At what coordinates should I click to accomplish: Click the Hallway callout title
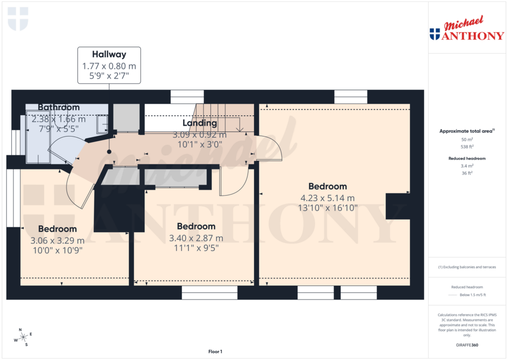click(x=109, y=55)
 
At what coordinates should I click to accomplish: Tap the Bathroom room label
click(x=59, y=107)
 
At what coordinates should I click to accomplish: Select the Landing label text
click(x=199, y=123)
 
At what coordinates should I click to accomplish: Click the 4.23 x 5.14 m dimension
click(x=327, y=198)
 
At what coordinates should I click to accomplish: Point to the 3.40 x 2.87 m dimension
click(x=196, y=238)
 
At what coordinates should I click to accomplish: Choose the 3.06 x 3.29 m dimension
click(x=58, y=240)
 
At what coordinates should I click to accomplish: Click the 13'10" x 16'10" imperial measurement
click(x=327, y=208)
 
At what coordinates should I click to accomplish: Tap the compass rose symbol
click(x=22, y=337)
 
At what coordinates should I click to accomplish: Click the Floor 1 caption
click(x=215, y=352)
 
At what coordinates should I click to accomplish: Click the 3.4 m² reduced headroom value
click(x=466, y=165)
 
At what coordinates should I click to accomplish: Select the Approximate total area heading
click(x=465, y=131)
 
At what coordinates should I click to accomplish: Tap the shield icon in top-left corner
click(x=18, y=19)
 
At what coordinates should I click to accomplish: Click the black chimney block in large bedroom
click(x=398, y=206)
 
